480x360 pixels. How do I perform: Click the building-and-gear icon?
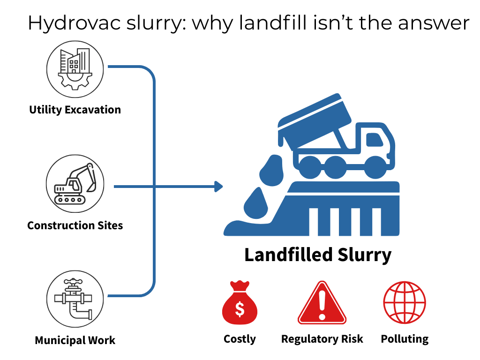[x=75, y=68]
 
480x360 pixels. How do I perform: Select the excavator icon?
[x=75, y=184]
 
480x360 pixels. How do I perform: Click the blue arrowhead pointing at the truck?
[x=218, y=187]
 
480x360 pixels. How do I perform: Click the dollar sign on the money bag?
[x=240, y=309]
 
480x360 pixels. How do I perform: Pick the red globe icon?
[x=405, y=303]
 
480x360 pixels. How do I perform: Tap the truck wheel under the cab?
[x=375, y=166]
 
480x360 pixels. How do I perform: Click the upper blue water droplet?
[x=270, y=172]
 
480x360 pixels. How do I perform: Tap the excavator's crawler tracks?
[x=70, y=200]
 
